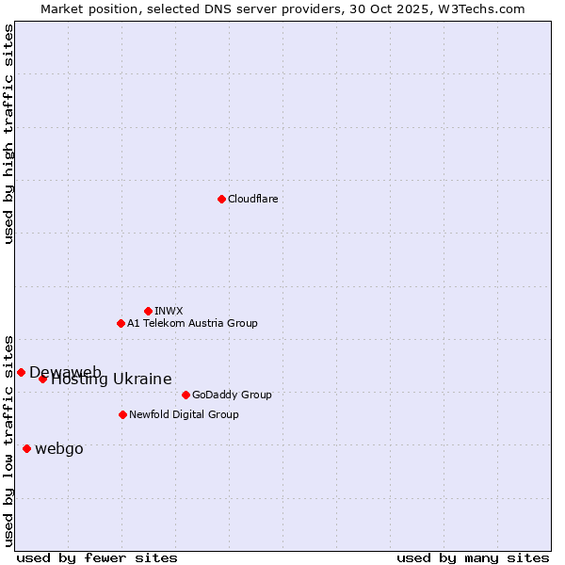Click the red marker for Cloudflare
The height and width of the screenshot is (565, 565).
(x=221, y=199)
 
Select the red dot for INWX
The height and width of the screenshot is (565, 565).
(x=148, y=311)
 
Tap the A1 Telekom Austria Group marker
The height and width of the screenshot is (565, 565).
(x=121, y=323)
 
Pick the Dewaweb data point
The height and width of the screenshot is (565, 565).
(x=21, y=372)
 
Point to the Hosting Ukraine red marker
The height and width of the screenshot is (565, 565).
(x=42, y=379)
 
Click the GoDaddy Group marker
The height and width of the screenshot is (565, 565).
(x=186, y=395)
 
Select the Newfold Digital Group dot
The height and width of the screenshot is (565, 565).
(x=122, y=414)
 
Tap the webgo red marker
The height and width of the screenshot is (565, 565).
(x=26, y=448)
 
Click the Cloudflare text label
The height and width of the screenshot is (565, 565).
(x=253, y=199)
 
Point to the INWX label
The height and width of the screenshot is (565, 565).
(x=169, y=311)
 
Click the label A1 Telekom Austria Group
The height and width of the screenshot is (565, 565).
(x=192, y=323)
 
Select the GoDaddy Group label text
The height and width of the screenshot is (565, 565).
(x=232, y=395)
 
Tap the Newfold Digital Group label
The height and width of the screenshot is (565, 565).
(x=184, y=414)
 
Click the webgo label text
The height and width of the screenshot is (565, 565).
(x=59, y=448)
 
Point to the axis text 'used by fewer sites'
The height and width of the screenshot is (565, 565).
(x=97, y=557)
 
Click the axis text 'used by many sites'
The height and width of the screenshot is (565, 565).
(x=473, y=557)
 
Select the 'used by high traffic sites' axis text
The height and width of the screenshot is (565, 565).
(x=8, y=134)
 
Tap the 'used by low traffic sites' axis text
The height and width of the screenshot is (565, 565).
(x=8, y=440)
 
